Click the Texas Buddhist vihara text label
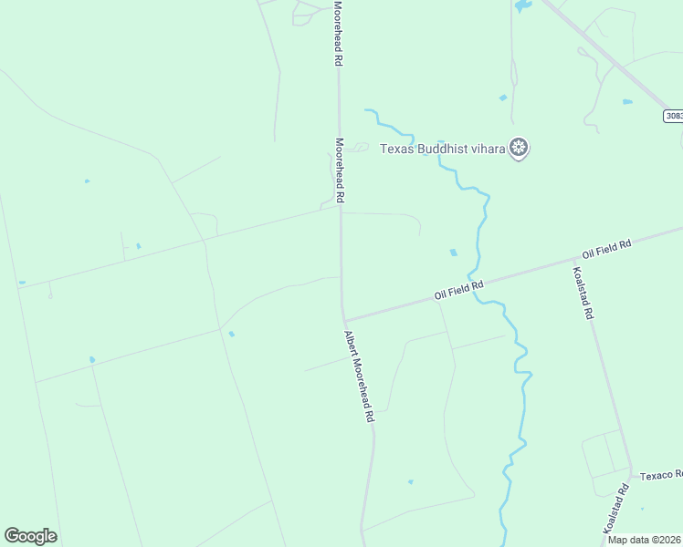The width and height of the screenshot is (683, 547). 443,149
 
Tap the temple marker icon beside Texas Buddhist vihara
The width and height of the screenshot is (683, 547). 520,148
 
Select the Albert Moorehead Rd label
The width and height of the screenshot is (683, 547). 360,375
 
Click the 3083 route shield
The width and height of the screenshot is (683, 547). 673,116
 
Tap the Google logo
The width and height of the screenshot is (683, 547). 30,536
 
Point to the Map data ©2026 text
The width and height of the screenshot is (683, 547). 645,540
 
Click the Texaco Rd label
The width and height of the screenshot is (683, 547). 660,475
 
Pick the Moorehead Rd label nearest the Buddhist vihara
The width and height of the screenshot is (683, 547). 339,170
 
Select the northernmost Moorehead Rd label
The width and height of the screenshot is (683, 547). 337,33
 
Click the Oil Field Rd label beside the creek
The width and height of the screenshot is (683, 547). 458,290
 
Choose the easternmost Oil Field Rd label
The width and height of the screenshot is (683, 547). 607,248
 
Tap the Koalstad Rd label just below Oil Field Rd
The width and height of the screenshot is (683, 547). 583,293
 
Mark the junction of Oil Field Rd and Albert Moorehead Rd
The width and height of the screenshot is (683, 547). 344,320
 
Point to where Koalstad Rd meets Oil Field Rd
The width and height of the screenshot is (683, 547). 571,263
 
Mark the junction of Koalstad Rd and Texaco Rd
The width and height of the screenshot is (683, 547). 630,474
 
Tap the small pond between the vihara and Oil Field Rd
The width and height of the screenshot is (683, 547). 454,253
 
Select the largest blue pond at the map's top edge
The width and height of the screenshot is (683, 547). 522,5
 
